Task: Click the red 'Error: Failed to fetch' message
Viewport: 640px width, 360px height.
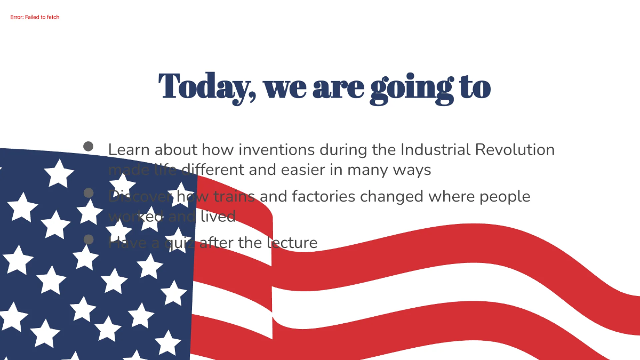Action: (35, 18)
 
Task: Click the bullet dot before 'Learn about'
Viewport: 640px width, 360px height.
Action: (89, 146)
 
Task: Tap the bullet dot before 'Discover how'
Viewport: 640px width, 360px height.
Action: (89, 193)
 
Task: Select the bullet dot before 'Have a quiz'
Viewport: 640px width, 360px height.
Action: (89, 239)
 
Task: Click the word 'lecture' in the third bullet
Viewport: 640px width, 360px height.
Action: (291, 243)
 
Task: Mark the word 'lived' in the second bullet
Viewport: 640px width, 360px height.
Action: (218, 217)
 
